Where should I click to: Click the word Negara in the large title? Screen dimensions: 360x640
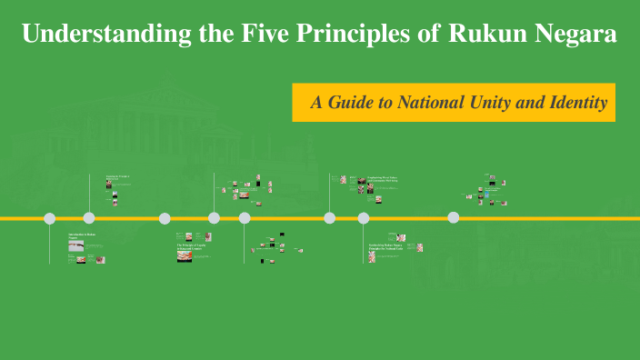(575, 35)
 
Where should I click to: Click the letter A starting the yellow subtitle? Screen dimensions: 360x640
(316, 103)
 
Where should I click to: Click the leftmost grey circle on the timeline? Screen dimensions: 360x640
(50, 218)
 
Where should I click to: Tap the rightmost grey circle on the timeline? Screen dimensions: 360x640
(453, 217)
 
